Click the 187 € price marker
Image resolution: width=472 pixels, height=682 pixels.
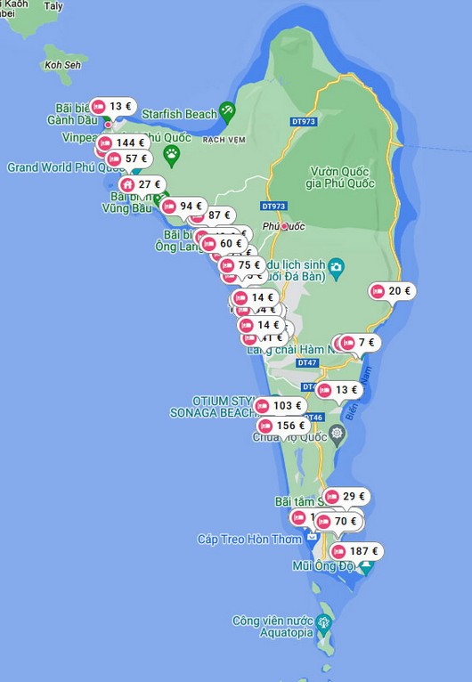[x=358, y=552]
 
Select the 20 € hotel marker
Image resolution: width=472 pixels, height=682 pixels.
[x=393, y=291]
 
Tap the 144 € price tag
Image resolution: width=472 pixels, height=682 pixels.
[x=122, y=142]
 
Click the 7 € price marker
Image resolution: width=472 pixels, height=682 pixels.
[x=359, y=343]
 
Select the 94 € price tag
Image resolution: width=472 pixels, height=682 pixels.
[x=183, y=207]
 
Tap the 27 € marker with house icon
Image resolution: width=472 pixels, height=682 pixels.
[x=142, y=184]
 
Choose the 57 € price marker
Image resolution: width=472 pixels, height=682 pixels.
[x=128, y=158]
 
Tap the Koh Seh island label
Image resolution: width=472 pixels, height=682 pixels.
[x=62, y=65]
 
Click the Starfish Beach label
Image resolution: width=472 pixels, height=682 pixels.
[x=189, y=114]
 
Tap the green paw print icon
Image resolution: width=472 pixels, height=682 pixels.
[x=171, y=154]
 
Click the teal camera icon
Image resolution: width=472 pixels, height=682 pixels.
[x=336, y=265]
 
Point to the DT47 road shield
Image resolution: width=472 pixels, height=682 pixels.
[x=307, y=363]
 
